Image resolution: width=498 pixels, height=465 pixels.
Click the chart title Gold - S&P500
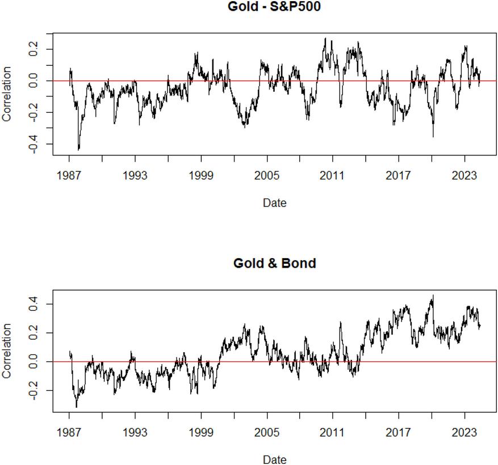click(274, 7)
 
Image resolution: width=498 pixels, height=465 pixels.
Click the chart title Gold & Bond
click(274, 264)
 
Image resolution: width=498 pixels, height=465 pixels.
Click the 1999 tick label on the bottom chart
click(201, 433)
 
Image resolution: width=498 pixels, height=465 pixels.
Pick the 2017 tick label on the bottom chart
click(398, 433)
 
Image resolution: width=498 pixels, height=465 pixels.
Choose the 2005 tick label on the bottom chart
click(267, 433)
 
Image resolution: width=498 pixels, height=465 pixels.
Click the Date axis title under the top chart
click(274, 202)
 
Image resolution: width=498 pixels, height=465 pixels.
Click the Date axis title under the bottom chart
click(274, 459)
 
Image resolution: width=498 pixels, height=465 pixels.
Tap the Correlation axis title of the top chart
click(7, 94)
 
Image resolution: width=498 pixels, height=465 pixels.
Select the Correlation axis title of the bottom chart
click(7, 351)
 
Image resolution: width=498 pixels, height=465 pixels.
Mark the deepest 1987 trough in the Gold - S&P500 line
click(78, 150)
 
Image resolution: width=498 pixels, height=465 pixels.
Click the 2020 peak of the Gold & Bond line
click(433, 295)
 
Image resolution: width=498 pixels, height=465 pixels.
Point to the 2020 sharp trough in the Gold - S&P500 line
click(433, 137)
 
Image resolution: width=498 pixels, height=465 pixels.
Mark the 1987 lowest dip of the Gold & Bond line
click(76, 407)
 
